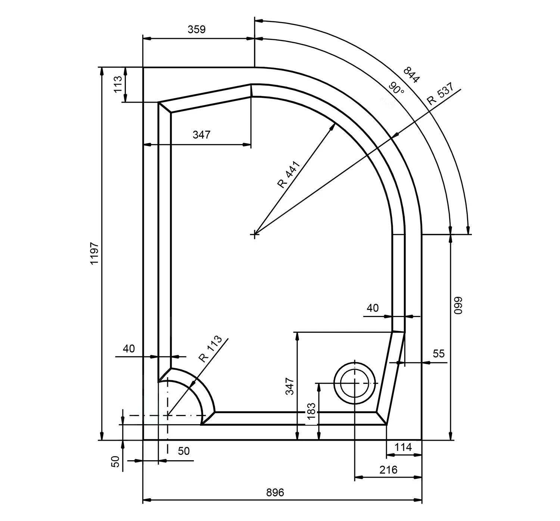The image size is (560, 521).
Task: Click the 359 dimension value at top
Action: click(196, 30)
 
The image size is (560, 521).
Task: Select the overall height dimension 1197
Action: click(94, 254)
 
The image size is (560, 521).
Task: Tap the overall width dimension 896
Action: click(275, 493)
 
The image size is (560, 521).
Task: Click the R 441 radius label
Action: click(289, 174)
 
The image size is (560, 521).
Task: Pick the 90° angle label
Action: click(396, 88)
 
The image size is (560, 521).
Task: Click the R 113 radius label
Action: click(210, 349)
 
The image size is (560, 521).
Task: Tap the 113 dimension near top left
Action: click(118, 84)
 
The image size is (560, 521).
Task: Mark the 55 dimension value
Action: click(439, 353)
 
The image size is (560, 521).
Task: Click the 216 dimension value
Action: click(388, 470)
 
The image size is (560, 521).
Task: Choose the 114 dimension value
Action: click(403, 447)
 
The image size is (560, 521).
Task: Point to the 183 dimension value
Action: click(311, 411)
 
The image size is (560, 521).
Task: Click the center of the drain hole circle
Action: click(354, 383)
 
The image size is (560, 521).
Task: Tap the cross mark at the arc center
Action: click(255, 235)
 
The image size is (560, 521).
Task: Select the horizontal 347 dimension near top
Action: click(202, 134)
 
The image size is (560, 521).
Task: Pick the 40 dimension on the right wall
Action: click(373, 308)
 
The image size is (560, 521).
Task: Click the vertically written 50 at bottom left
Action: click(116, 461)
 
